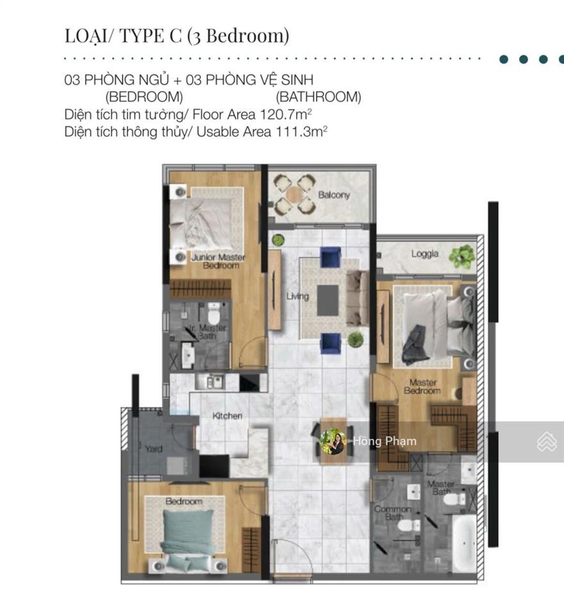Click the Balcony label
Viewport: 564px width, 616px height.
tap(334, 195)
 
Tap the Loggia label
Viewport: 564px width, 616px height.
tap(425, 254)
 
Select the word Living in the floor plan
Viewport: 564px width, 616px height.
tap(297, 296)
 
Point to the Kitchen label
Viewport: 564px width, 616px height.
tap(228, 416)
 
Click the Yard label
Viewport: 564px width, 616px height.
tap(153, 449)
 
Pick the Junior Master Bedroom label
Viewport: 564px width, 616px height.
tap(218, 261)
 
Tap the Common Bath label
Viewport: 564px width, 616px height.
tap(392, 513)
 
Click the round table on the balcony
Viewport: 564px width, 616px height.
tap(294, 194)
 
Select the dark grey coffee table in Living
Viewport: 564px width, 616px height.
tap(328, 300)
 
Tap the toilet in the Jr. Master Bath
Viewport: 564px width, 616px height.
tap(213, 314)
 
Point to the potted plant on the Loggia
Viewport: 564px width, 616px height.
tap(462, 257)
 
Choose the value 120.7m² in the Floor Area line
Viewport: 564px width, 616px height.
tap(286, 114)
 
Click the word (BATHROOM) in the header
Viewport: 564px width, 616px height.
tap(319, 97)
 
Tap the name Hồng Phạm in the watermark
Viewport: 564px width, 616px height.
tap(385, 441)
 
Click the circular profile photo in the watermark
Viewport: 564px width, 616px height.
tap(333, 441)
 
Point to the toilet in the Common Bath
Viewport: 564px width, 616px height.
tap(409, 525)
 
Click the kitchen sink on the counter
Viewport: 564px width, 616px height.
tap(210, 381)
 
